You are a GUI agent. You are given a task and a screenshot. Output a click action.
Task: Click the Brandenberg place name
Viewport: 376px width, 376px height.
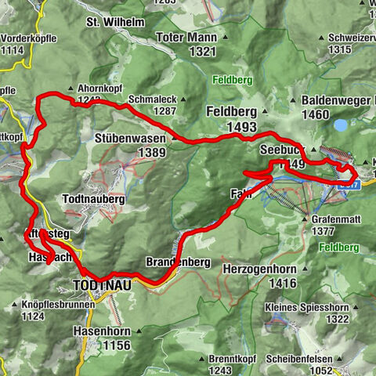pos(178,262)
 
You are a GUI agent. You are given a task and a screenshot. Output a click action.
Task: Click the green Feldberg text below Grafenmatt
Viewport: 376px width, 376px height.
pos(339,248)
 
